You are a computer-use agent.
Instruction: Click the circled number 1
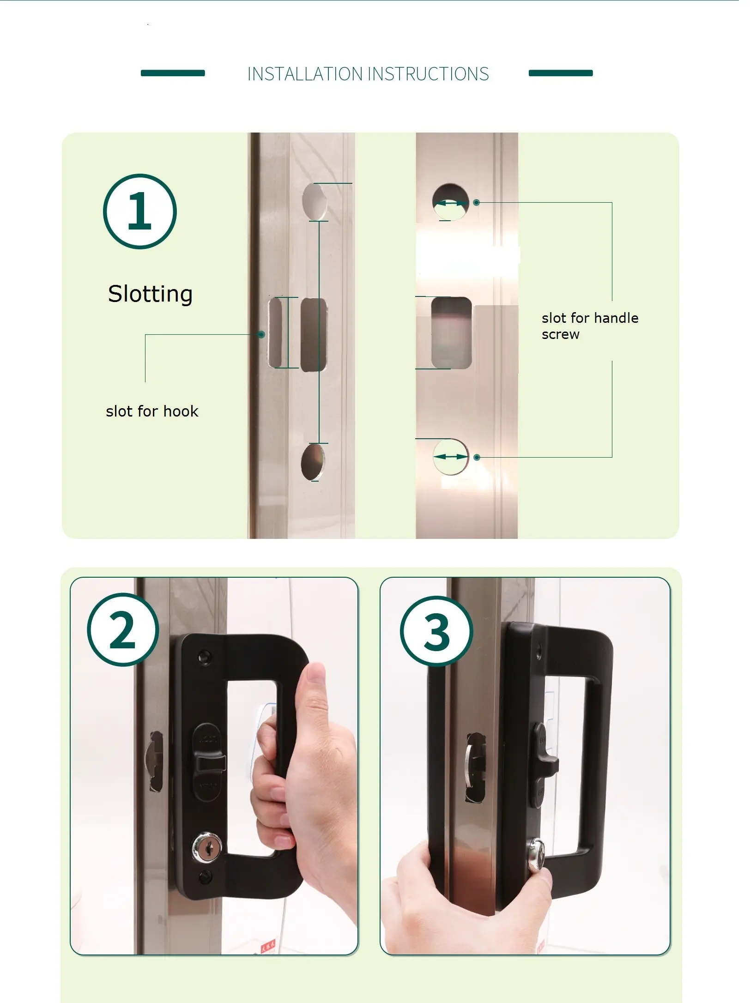[140, 211]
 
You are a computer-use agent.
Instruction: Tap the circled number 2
[123, 629]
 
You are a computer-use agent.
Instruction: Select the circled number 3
[436, 631]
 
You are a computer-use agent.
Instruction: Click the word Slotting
[150, 294]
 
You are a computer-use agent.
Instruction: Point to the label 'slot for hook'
[152, 411]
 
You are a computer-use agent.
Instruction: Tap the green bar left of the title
[173, 73]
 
